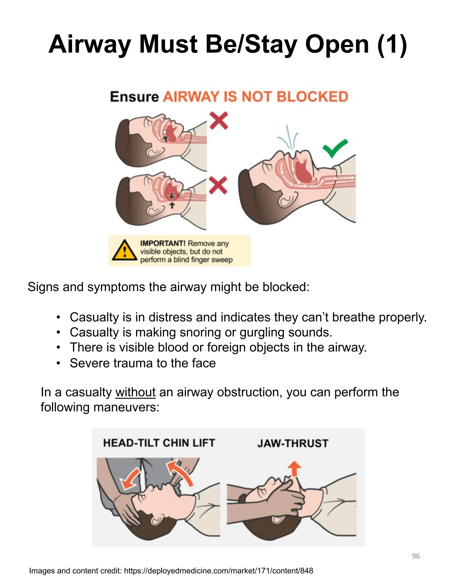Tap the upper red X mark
coord(219,121)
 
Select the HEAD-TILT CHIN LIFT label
coord(159,443)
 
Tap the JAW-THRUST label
coord(293,443)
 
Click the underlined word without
coord(135,392)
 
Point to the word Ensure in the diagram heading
coord(134,97)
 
